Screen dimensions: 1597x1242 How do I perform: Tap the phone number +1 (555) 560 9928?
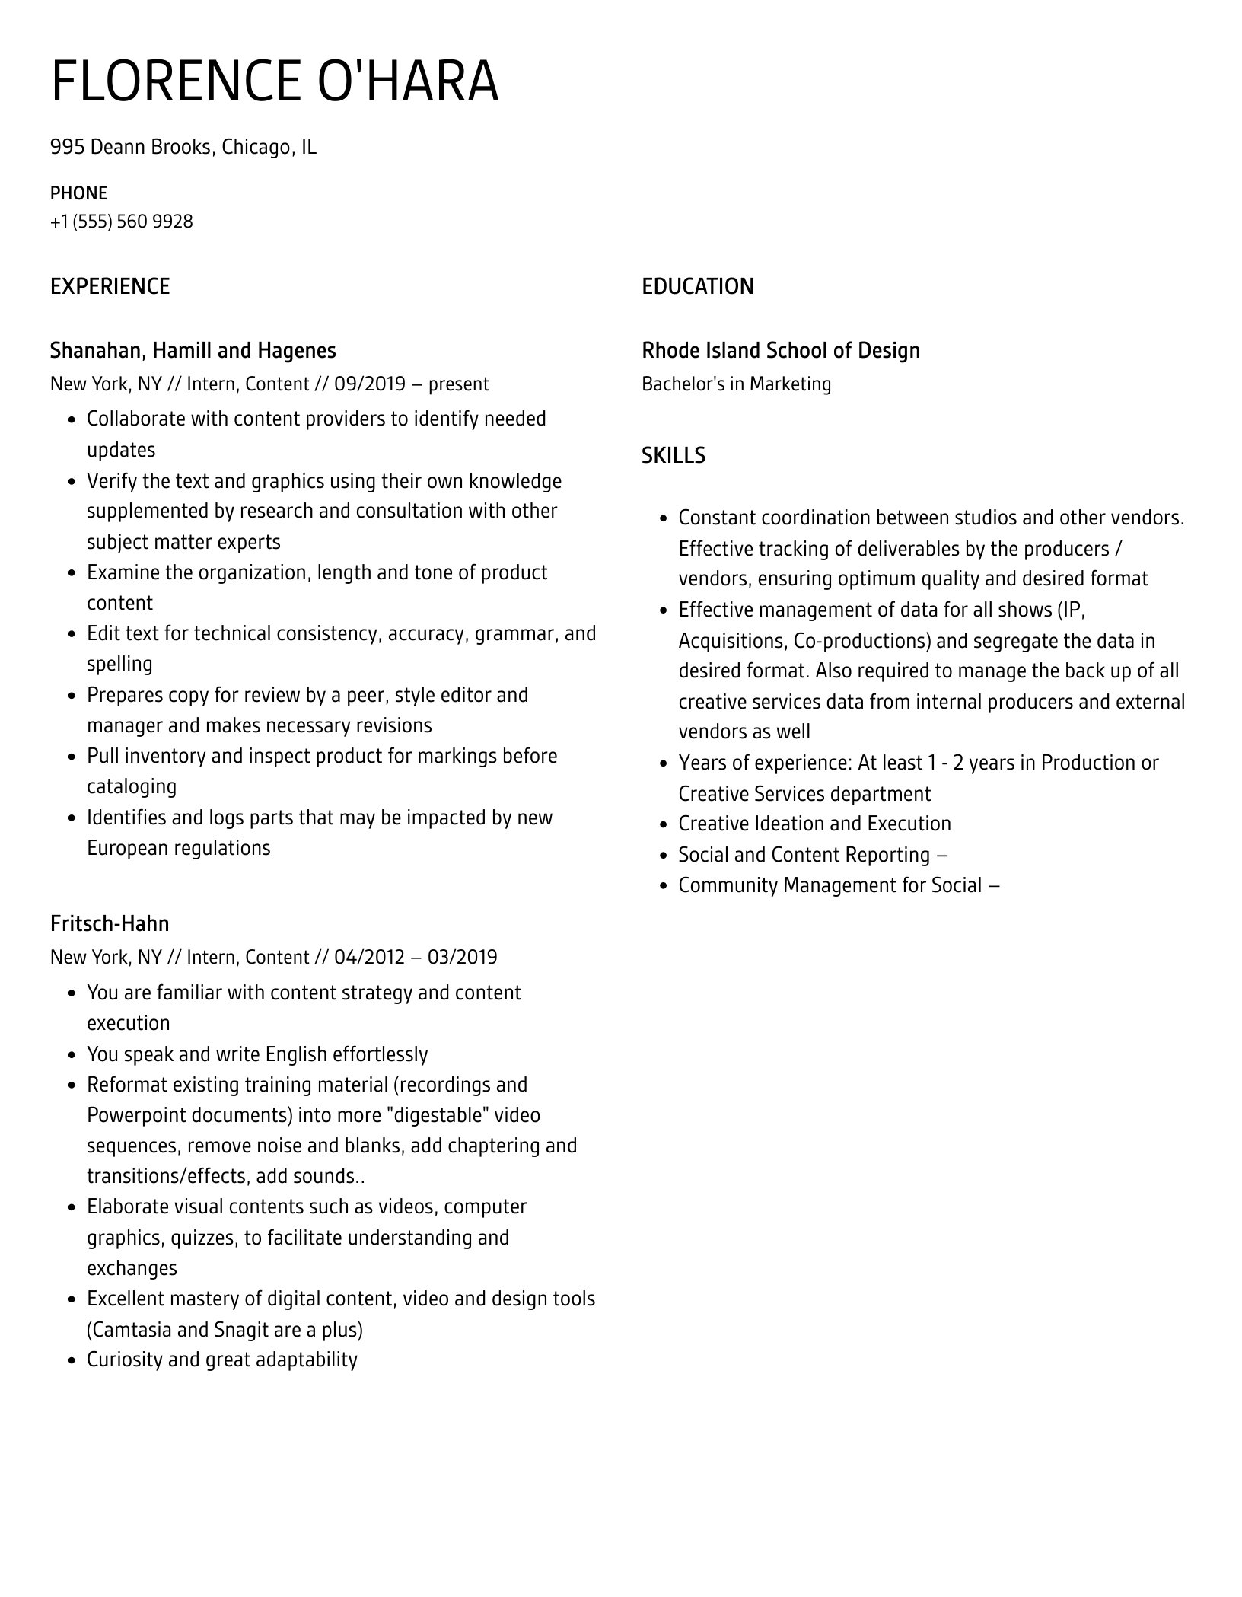[x=122, y=222]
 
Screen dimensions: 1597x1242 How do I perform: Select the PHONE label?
[x=78, y=193]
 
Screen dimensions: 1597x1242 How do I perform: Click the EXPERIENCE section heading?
[x=110, y=286]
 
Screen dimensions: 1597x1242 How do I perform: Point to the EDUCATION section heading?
[x=697, y=286]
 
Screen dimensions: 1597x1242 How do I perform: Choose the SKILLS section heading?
[x=673, y=455]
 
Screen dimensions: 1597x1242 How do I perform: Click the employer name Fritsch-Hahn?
[x=110, y=923]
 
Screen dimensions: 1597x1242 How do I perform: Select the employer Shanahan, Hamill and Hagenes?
[x=193, y=350]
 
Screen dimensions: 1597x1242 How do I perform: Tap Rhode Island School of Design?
[x=780, y=350]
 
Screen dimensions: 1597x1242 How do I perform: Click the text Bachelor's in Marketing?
[x=736, y=384]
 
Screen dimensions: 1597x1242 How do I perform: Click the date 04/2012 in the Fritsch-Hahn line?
[x=369, y=957]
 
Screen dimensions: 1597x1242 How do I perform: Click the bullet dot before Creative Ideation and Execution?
[x=663, y=824]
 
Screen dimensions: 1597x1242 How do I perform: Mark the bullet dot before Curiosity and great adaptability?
[x=72, y=1360]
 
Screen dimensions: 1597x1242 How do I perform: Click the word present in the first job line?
[x=458, y=384]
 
